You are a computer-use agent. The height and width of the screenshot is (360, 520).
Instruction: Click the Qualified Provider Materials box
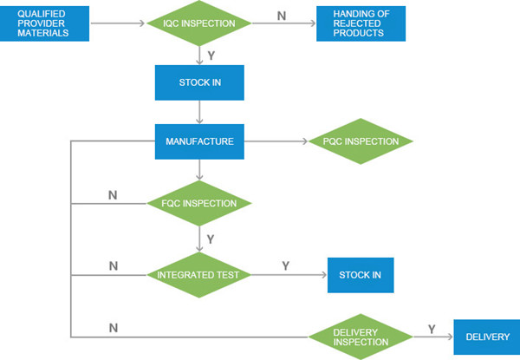tap(44, 23)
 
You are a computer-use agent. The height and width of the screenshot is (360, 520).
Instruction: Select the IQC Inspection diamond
tap(199, 23)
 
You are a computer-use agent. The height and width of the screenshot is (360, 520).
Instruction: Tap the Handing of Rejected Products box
tap(361, 23)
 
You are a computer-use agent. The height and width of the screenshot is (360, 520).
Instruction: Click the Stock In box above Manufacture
tap(199, 82)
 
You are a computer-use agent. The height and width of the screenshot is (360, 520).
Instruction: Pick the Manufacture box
tap(199, 141)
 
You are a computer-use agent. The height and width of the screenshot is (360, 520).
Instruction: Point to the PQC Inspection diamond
tap(361, 141)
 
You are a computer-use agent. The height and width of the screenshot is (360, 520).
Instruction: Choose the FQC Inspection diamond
tap(199, 203)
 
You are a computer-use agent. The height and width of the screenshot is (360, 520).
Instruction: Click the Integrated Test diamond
tap(198, 275)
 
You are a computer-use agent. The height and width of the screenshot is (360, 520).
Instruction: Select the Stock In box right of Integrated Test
tap(361, 275)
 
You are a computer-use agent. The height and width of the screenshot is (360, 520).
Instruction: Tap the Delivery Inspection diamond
tap(361, 337)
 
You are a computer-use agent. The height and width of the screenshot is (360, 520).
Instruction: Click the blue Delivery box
tap(487, 337)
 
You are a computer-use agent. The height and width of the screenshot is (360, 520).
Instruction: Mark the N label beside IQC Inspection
tap(282, 16)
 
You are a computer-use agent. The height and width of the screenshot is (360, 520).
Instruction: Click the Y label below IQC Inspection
tap(211, 56)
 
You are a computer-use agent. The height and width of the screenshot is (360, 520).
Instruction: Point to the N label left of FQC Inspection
tap(113, 195)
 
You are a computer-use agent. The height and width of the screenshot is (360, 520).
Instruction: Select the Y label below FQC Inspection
tap(211, 239)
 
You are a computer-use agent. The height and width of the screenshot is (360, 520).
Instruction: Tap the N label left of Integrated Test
tap(114, 265)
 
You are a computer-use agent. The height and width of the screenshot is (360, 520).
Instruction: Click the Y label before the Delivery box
tap(432, 329)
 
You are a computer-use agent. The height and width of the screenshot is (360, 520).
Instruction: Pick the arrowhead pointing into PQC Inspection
tap(305, 141)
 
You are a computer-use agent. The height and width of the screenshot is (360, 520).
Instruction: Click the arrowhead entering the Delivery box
tap(450, 337)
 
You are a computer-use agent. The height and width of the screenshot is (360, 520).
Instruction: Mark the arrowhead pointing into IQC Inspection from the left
tap(142, 23)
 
